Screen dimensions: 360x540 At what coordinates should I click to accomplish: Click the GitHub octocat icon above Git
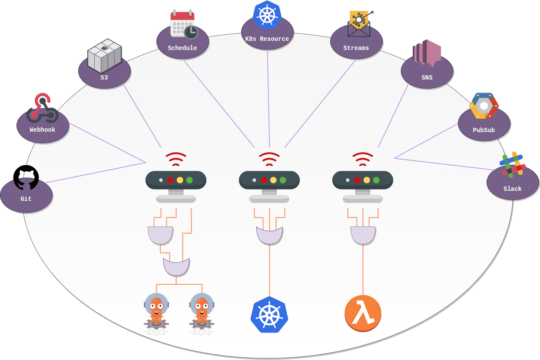26,177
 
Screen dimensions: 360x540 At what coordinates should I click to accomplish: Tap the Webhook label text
43,130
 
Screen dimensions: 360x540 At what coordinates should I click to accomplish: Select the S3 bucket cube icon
104,56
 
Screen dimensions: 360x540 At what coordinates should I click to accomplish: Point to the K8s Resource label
267,39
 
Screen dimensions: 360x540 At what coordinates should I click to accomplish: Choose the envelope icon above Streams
359,24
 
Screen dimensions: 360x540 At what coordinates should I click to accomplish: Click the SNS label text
427,78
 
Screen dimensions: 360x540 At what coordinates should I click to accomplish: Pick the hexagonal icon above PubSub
484,106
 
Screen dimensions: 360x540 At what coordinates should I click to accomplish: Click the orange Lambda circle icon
363,313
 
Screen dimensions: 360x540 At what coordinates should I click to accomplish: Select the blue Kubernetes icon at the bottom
269,314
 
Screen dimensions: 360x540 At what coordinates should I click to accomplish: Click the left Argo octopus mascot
156,310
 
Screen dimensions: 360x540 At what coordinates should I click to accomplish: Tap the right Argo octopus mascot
202,310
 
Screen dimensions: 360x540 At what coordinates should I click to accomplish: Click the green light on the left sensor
189,180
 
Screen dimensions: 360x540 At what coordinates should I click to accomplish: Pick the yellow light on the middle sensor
273,180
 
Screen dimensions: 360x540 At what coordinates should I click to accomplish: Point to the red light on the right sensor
357,180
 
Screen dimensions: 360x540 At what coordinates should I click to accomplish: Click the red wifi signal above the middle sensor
269,160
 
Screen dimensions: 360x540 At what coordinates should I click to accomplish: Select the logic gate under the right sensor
363,235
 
